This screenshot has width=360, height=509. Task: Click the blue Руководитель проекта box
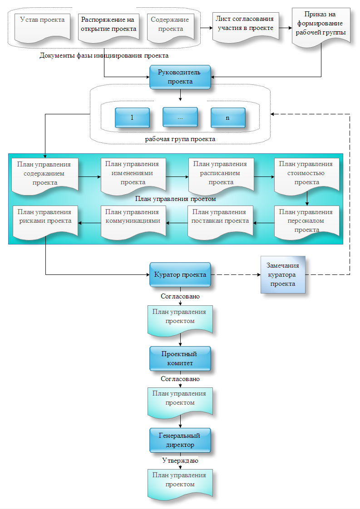tap(180, 77)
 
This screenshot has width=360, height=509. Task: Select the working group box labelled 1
tap(132, 117)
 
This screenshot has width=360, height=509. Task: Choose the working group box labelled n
tap(228, 117)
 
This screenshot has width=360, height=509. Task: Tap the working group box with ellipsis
tap(180, 117)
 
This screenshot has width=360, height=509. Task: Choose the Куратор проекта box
tap(180, 274)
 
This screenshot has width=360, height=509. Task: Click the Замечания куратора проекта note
tap(282, 275)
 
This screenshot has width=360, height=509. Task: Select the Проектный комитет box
tap(180, 358)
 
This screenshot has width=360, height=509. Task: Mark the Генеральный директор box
tap(180, 440)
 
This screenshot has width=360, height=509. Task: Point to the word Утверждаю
tap(180, 460)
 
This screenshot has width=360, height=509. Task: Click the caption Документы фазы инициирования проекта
tap(104, 56)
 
